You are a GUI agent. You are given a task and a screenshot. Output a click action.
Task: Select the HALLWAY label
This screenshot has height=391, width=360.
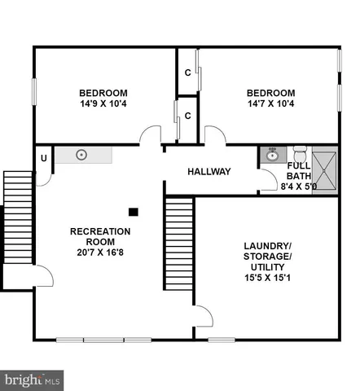pos(209,172)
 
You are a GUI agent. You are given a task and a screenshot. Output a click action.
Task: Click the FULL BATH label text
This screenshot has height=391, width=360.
pos(298,170)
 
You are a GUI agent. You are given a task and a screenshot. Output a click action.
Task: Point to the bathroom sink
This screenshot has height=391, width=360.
pos(272,153)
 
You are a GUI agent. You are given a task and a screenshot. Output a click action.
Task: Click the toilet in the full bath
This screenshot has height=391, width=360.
pos(299,153)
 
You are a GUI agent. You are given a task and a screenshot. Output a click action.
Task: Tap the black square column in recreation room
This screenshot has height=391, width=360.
pos(134,212)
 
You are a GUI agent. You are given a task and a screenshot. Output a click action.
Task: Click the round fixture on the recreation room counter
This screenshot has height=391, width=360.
pos(81,153)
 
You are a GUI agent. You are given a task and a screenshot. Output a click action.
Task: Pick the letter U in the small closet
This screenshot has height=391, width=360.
pos(43,158)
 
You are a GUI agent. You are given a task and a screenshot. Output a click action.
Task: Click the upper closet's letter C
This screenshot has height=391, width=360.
pos(187,73)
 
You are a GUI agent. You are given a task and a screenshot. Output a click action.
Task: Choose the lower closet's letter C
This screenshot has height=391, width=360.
pos(187,115)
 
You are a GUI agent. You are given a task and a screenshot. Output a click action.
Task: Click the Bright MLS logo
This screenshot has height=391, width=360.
pos(33,379)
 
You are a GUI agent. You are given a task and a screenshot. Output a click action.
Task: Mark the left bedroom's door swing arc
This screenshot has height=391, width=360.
pos(151,135)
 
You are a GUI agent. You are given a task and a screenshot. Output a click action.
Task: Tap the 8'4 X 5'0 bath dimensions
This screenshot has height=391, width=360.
pos(298,187)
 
